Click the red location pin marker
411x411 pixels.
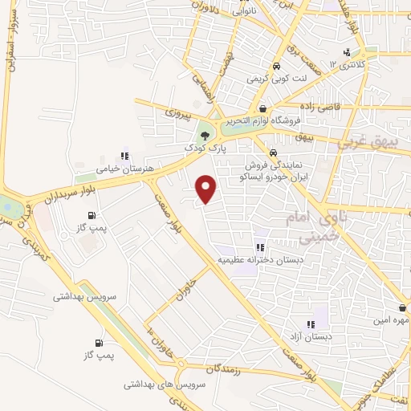pos(206,188)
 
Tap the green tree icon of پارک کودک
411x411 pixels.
pos(205,134)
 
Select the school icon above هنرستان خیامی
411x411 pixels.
pos(124,156)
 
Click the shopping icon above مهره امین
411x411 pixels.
pos(401,307)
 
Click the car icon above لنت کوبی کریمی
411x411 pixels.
pos(275,67)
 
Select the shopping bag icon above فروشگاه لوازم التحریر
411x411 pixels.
pos(262,108)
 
